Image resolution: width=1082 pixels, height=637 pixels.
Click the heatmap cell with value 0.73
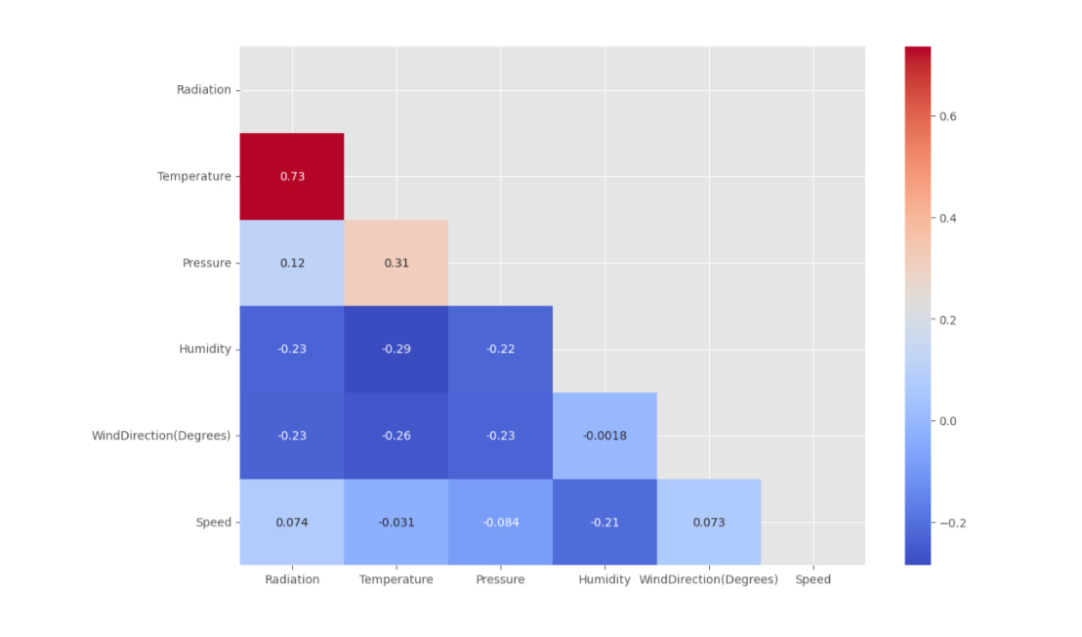tap(292, 176)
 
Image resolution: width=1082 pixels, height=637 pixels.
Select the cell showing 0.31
tap(395, 263)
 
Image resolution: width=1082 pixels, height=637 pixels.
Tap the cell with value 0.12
tap(292, 263)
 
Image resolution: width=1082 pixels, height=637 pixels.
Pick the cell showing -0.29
tap(395, 349)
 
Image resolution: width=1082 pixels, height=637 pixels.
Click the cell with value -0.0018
tap(604, 436)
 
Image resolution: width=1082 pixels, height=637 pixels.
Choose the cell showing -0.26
tap(395, 436)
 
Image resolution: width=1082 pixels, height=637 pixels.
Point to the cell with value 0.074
tap(292, 522)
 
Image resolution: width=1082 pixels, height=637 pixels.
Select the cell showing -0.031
tap(395, 522)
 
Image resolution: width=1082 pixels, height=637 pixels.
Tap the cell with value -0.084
tap(500, 522)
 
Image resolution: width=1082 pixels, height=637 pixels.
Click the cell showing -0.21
tap(604, 522)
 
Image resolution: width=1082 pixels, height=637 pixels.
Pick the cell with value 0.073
tap(709, 522)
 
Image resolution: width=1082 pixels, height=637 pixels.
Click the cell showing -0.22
tap(500, 349)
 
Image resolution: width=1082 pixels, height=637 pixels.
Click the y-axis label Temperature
tap(194, 177)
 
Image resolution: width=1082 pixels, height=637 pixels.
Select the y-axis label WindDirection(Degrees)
tap(161, 436)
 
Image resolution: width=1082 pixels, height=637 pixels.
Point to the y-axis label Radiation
tap(204, 90)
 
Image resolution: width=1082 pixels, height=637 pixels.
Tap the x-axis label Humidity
tap(604, 579)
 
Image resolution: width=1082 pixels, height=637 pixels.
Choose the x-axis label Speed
tap(812, 579)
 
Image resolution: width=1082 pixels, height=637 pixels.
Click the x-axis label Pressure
tap(500, 579)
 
